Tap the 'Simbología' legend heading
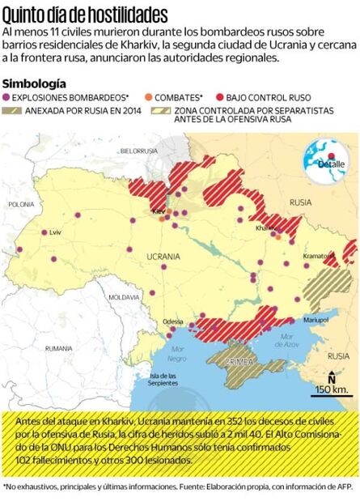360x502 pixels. [35, 83]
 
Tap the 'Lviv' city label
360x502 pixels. [55, 232]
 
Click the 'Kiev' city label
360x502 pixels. [159, 212]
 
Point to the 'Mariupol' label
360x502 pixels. [316, 321]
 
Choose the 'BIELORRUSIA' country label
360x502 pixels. [138, 151]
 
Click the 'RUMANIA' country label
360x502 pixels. [59, 348]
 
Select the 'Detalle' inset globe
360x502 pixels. [330, 159]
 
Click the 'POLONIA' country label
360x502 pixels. [23, 205]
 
